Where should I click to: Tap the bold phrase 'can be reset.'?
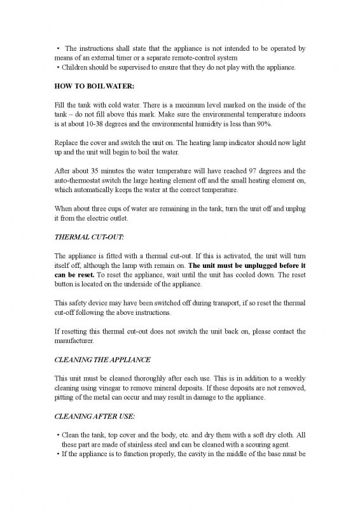pyautogui.click(x=70, y=275)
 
